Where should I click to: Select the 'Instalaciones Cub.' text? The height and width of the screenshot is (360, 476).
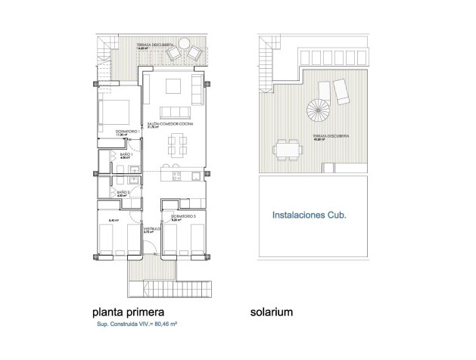pyautogui.click(x=309, y=215)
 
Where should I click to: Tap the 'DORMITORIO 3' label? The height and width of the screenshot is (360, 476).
pyautogui.click(x=183, y=216)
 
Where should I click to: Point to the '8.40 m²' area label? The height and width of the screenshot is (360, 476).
pyautogui.click(x=114, y=220)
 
